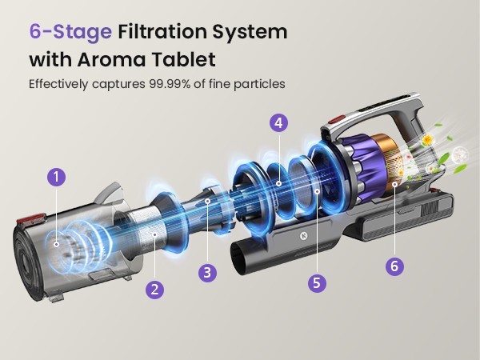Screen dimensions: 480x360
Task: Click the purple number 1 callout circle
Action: pos(56,177)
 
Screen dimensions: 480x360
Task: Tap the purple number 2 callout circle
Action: pos(154,290)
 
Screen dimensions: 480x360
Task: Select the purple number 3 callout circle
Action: pos(207,272)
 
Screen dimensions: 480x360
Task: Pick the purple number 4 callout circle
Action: pos(278,122)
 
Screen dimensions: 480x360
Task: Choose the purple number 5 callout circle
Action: pos(317,282)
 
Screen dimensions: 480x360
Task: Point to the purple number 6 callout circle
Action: pos(394,266)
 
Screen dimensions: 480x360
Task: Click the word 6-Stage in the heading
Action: pos(70,32)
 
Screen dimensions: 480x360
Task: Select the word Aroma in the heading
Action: pos(111,59)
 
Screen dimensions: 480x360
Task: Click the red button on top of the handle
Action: pos(336,119)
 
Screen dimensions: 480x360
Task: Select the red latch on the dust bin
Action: pos(32,220)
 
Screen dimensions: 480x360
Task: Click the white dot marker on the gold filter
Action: pos(395,184)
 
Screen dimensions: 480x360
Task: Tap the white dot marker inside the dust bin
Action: pos(56,244)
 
